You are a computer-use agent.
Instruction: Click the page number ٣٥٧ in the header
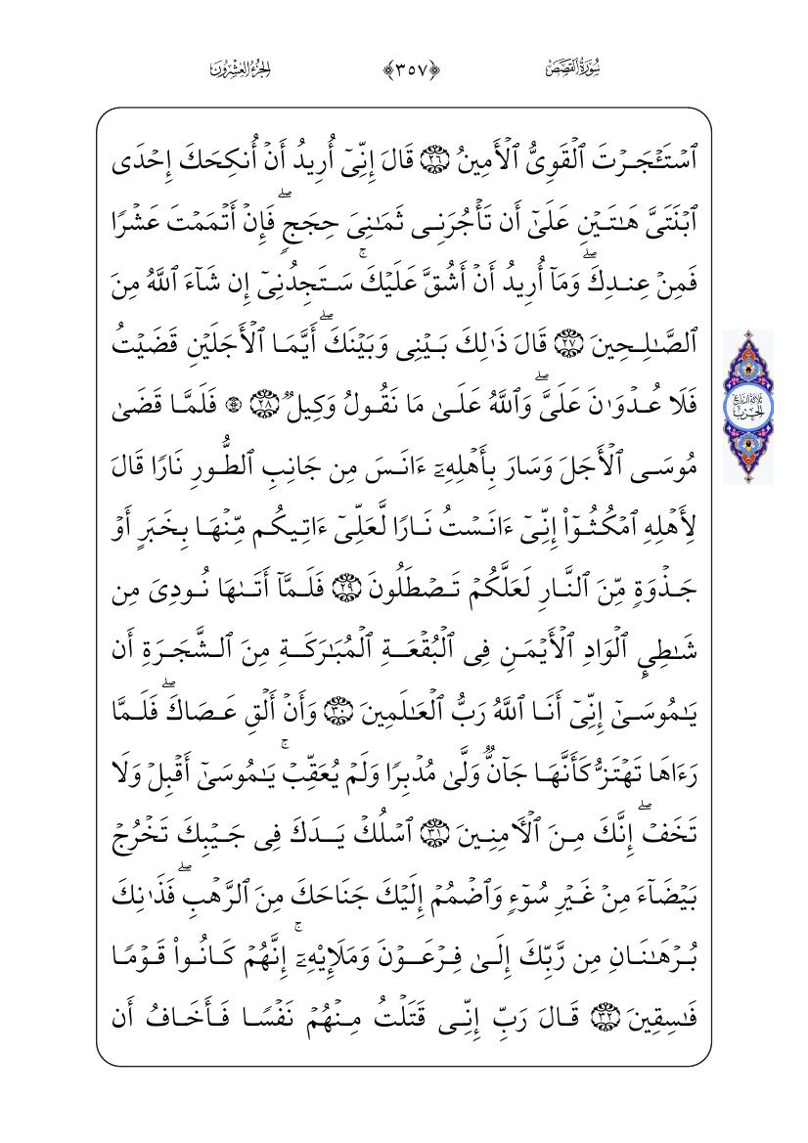tap(403, 68)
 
